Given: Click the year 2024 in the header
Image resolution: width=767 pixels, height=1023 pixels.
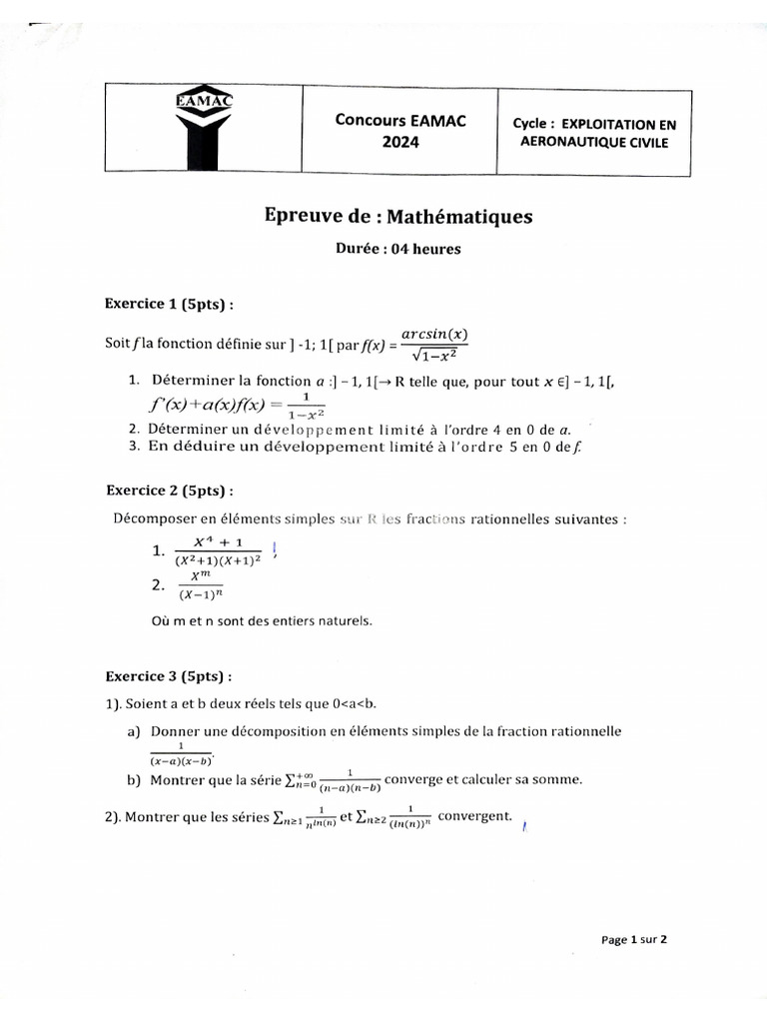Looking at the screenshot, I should point(400,142).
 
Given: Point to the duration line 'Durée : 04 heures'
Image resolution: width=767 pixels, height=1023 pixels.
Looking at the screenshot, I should point(398,249).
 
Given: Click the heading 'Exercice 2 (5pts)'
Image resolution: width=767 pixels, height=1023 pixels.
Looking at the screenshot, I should point(171,491).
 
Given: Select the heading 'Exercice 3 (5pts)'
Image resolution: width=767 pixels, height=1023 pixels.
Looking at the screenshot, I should point(171,676).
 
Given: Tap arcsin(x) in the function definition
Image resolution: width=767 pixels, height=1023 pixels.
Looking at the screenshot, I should point(434,334).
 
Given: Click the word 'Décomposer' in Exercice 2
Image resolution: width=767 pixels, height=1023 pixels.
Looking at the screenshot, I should point(152,518).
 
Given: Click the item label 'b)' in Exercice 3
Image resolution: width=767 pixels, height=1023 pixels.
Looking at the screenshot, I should point(134,780).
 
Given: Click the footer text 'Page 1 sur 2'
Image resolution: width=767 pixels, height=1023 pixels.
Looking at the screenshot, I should point(633,939).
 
